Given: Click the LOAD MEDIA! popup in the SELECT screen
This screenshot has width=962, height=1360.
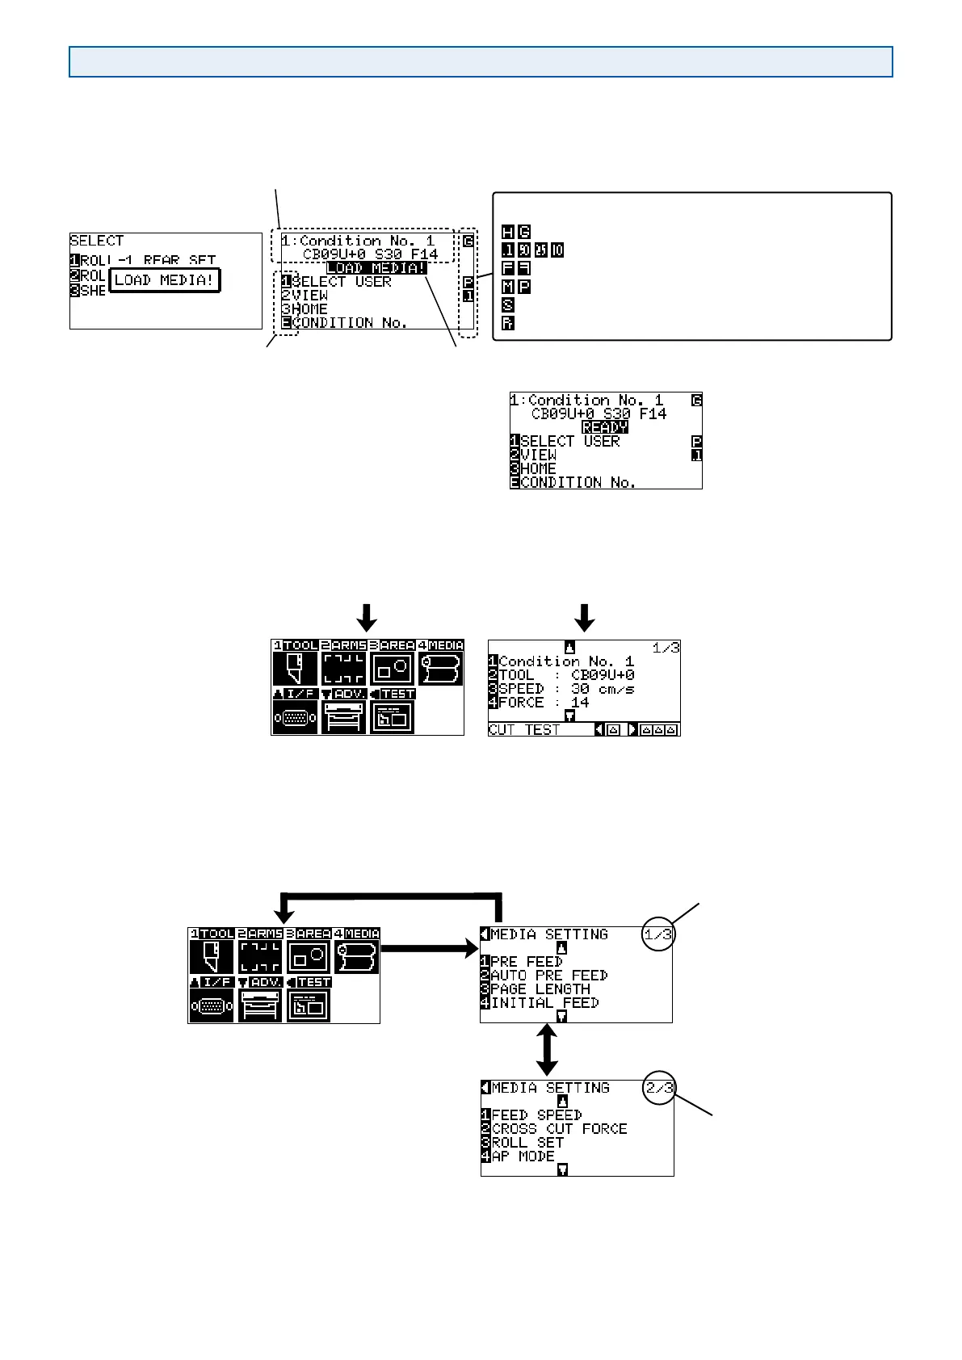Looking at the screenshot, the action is pos(164,280).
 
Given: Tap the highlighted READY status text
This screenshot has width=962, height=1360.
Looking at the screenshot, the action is pos(605,427).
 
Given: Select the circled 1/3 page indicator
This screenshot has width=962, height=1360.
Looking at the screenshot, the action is pos(658,934).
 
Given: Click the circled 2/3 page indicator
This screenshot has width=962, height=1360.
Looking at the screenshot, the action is pos(659,1088).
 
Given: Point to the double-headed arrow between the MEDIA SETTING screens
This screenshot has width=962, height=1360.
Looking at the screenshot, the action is pos(548,1049).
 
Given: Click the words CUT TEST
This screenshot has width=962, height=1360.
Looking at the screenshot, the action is pos(523,729).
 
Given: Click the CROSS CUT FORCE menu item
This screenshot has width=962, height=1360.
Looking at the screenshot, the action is pos(559,1129).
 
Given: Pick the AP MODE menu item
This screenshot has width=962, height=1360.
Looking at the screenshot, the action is pos(523,1156).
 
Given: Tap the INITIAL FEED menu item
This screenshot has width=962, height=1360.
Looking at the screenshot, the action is pos(544,1003).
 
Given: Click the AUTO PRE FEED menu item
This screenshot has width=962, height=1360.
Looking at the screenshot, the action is pos(548,976).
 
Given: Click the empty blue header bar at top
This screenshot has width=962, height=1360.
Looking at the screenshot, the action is pos(481,61).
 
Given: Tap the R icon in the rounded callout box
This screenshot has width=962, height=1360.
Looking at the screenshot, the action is pos(507,323).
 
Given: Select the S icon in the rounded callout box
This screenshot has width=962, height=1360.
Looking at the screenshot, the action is pos(507,305).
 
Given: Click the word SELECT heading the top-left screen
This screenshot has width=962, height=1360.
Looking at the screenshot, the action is pos(97,241).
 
